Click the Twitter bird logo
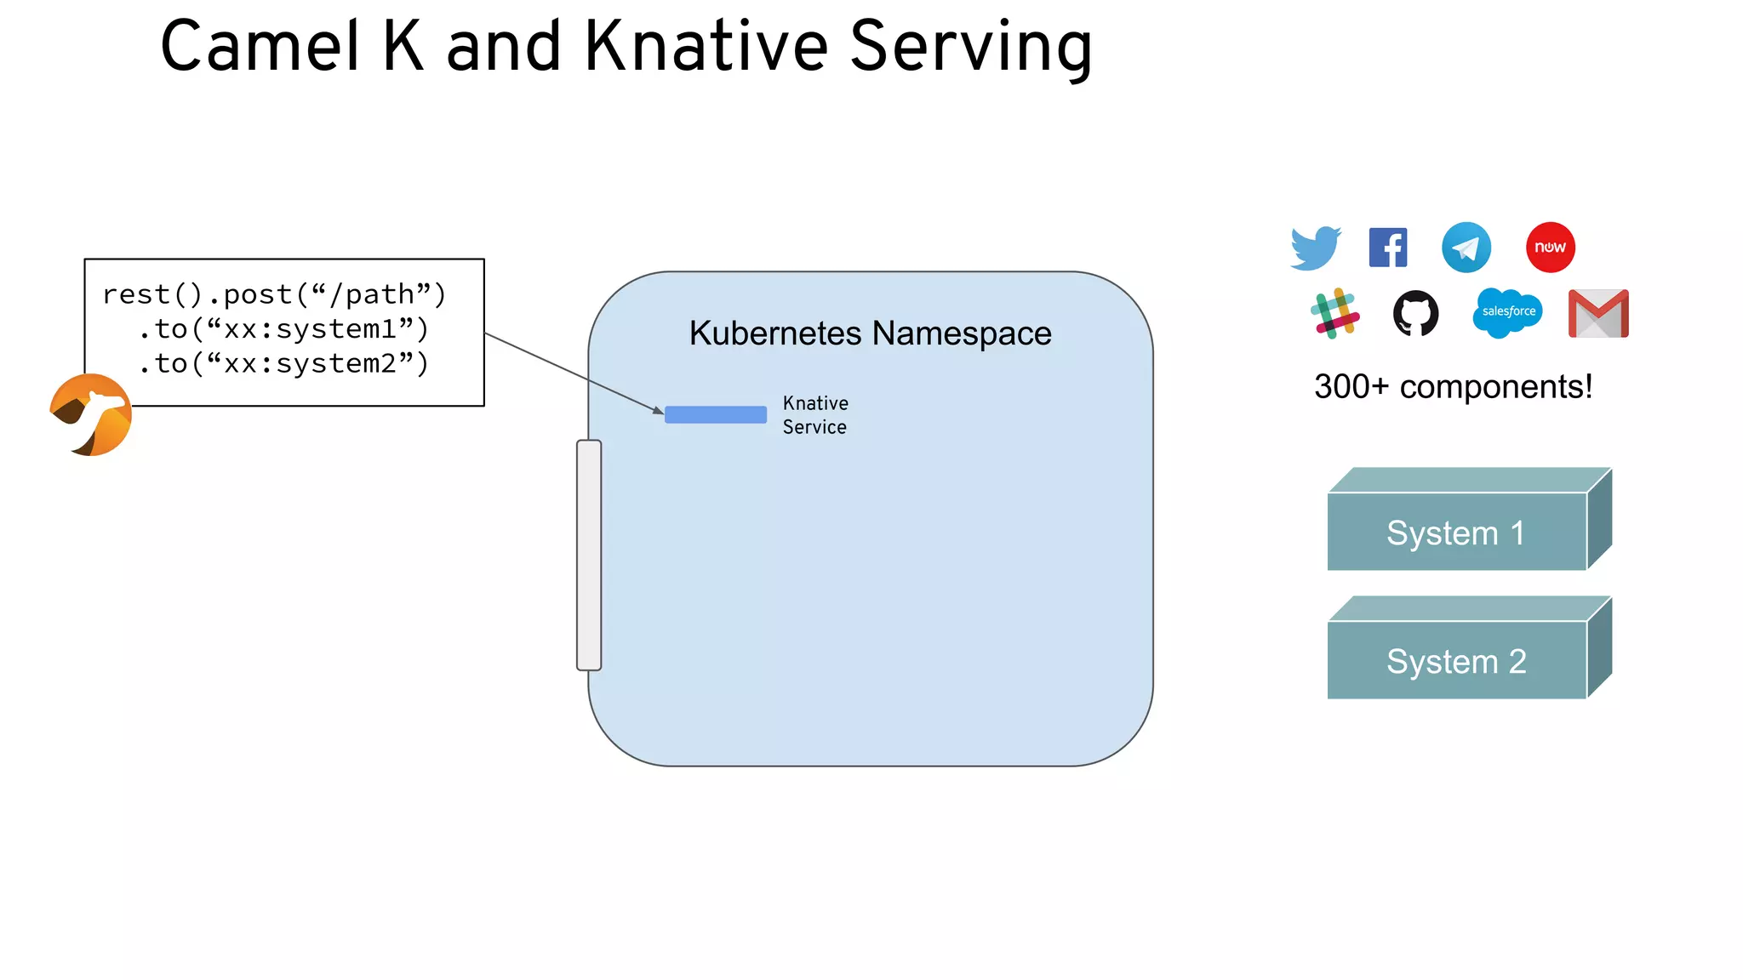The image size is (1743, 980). click(1315, 248)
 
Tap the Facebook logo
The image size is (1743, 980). click(1387, 248)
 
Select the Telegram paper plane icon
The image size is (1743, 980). click(1466, 248)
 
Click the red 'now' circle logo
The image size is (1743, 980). click(1550, 248)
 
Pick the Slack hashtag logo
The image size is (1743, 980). click(1334, 313)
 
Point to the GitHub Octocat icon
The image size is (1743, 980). click(1415, 313)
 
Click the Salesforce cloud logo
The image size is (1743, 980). click(1507, 312)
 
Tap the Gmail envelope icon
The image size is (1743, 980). click(1598, 314)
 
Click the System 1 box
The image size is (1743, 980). click(1457, 533)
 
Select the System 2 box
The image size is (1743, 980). click(1457, 661)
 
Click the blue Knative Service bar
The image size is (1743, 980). click(715, 414)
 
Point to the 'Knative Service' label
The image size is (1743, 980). click(814, 415)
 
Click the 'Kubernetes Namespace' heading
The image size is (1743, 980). click(870, 333)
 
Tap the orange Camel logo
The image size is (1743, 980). click(91, 415)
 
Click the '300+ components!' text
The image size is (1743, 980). click(1453, 387)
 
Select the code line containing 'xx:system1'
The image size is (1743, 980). click(283, 329)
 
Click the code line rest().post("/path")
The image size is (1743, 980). click(274, 294)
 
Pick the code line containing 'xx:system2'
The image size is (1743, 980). click(283, 364)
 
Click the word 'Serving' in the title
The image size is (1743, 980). click(970, 48)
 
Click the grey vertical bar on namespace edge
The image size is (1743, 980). click(589, 555)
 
